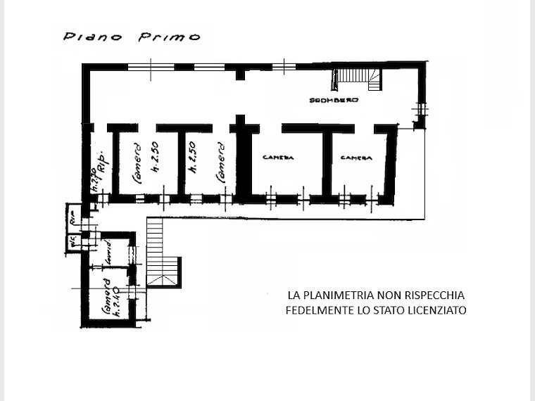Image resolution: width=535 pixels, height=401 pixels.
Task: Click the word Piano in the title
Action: [x=83, y=37]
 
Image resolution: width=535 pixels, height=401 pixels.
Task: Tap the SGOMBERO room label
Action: [x=334, y=101]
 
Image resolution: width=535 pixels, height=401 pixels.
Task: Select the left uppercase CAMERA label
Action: [x=277, y=158]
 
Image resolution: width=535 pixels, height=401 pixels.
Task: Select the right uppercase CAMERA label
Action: [x=355, y=158]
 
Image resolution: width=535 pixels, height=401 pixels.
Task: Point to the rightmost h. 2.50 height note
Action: [x=191, y=160]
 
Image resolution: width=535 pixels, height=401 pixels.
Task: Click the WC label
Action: [x=72, y=241]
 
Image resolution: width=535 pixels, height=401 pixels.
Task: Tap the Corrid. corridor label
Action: [x=108, y=255]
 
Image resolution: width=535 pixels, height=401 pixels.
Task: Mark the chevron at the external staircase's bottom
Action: [x=161, y=279]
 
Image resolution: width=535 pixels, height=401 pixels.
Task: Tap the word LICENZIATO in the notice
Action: [x=437, y=310]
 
